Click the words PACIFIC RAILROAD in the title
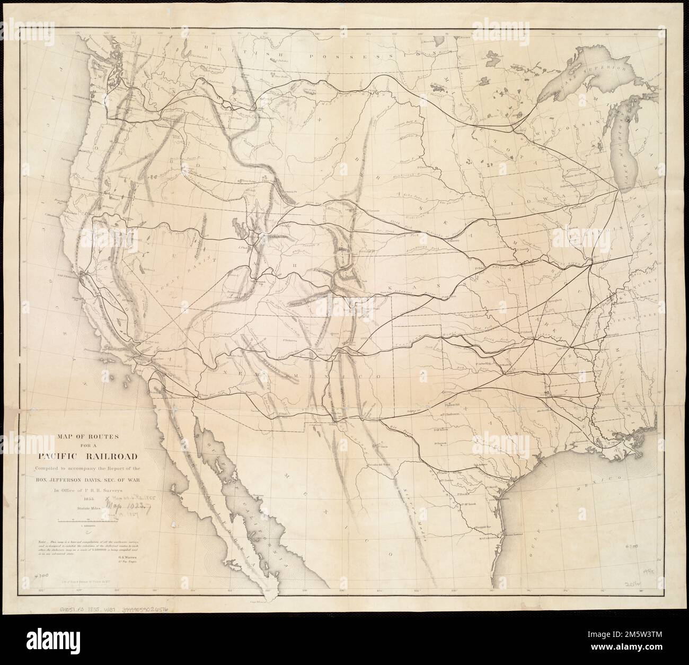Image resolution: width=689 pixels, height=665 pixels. (100, 456)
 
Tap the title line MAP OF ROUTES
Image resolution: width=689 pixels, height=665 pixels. (99, 436)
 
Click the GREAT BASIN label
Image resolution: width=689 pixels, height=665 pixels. (175, 276)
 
